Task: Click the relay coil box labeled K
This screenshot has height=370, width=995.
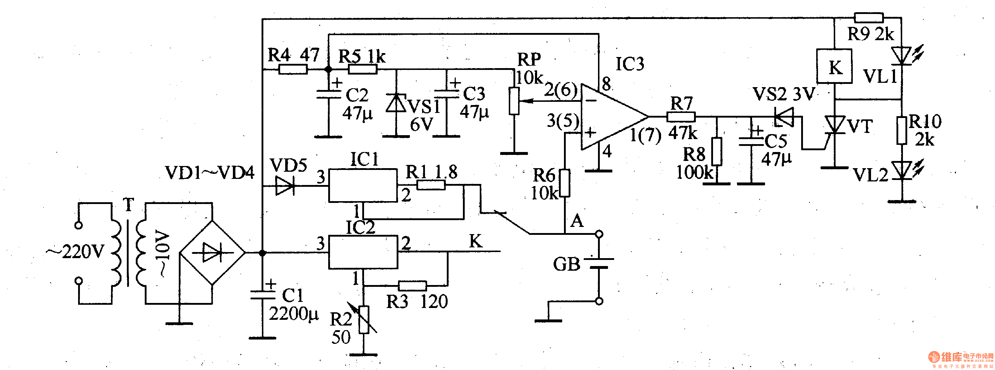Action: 834,66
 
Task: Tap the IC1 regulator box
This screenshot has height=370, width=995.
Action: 363,185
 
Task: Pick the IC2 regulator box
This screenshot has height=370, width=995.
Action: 363,252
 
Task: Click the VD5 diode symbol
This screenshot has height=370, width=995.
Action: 285,186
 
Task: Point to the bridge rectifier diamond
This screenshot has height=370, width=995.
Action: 212,253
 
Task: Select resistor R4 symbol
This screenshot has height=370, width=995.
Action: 293,70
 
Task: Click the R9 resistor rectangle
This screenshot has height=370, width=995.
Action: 868,18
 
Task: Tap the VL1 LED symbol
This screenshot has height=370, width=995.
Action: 902,55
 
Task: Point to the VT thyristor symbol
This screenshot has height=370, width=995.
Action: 834,125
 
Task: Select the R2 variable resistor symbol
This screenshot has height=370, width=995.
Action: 363,319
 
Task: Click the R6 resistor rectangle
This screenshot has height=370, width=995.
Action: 565,183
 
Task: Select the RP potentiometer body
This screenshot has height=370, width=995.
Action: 514,101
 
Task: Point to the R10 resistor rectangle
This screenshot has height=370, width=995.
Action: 902,131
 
